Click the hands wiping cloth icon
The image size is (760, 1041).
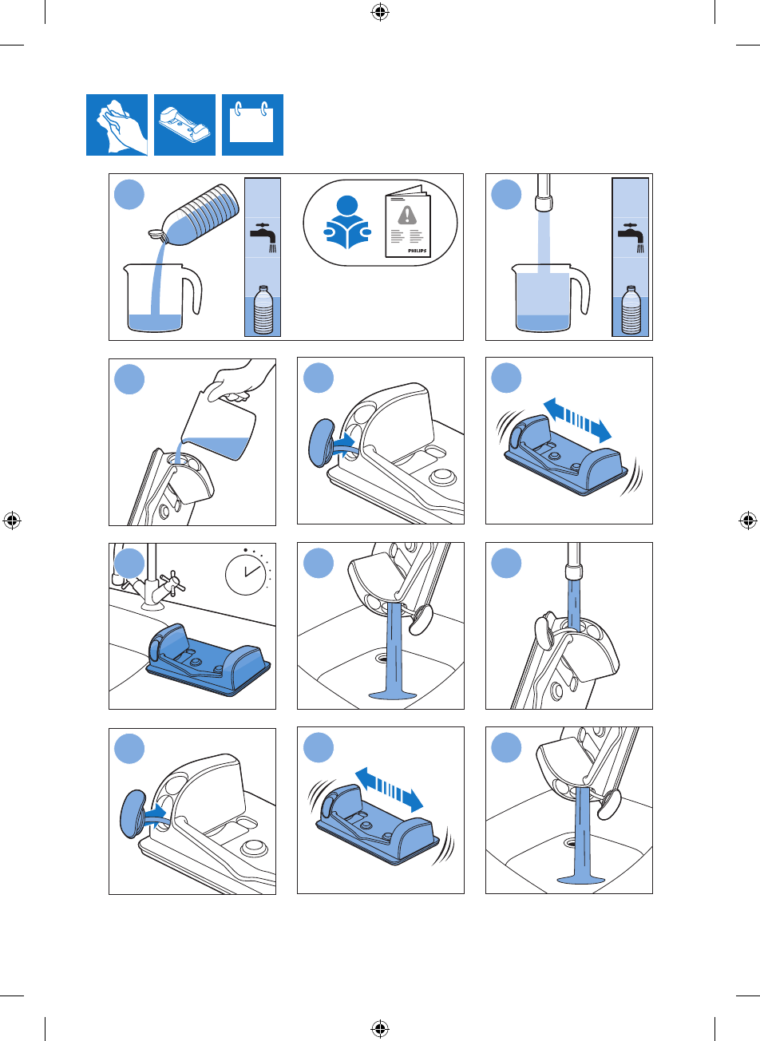point(117,125)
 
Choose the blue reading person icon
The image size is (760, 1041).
point(347,222)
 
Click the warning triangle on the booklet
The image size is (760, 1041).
point(407,215)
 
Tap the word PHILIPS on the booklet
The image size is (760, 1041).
point(417,251)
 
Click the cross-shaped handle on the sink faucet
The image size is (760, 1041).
point(172,581)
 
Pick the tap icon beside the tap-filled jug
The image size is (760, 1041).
point(631,237)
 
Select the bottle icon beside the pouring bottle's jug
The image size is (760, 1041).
point(263,310)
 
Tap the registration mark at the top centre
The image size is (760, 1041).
point(380,13)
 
